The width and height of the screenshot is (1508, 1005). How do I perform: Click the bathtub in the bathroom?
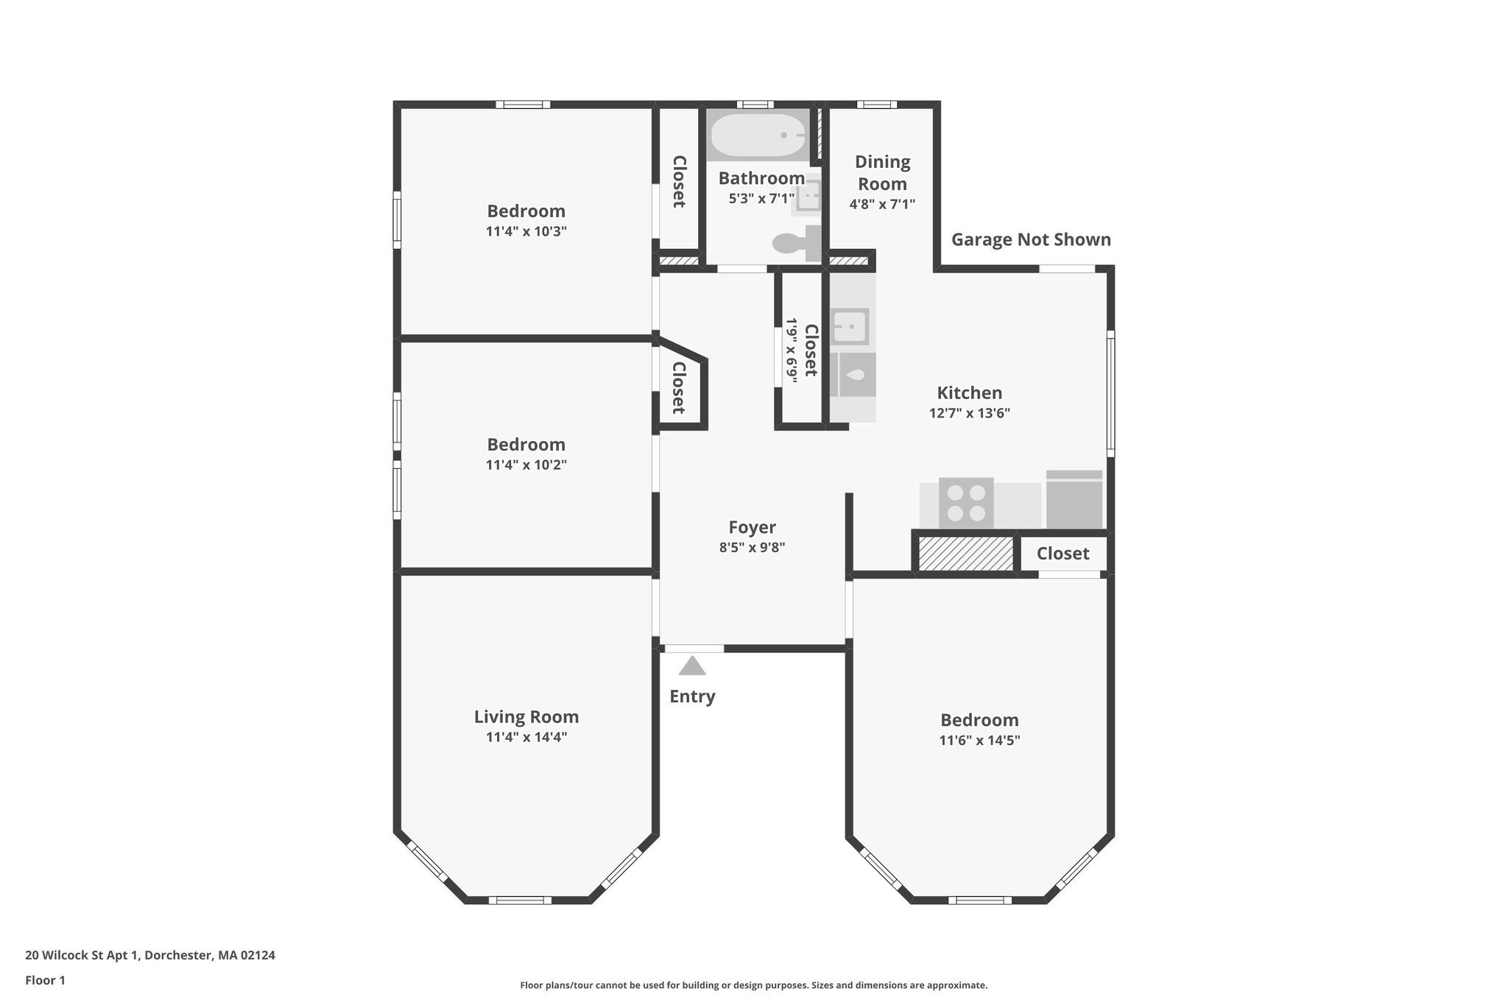point(757,136)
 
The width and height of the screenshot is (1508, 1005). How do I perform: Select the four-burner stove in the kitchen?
point(966,503)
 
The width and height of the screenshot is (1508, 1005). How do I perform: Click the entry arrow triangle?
point(692,666)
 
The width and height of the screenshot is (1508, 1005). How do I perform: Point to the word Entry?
point(692,697)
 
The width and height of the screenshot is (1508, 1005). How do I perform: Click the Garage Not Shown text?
point(1031,240)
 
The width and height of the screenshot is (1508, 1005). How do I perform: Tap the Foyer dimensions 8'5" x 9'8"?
point(752,548)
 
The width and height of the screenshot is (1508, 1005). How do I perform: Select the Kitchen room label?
point(969,393)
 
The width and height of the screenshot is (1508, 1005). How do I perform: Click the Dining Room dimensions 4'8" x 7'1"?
point(882,204)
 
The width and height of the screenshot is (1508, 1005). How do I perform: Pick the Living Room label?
point(526,717)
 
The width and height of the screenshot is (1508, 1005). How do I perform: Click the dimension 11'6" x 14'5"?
point(979,741)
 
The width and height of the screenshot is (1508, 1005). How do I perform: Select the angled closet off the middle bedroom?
point(680,388)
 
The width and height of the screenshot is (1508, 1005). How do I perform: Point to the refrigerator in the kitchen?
point(1074,501)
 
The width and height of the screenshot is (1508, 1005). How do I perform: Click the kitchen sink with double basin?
point(850,327)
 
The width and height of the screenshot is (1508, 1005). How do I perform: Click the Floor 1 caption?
point(45,981)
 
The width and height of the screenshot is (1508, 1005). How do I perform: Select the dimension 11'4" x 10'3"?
point(526,231)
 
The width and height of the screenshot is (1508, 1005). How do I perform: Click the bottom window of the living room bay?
point(520,900)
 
